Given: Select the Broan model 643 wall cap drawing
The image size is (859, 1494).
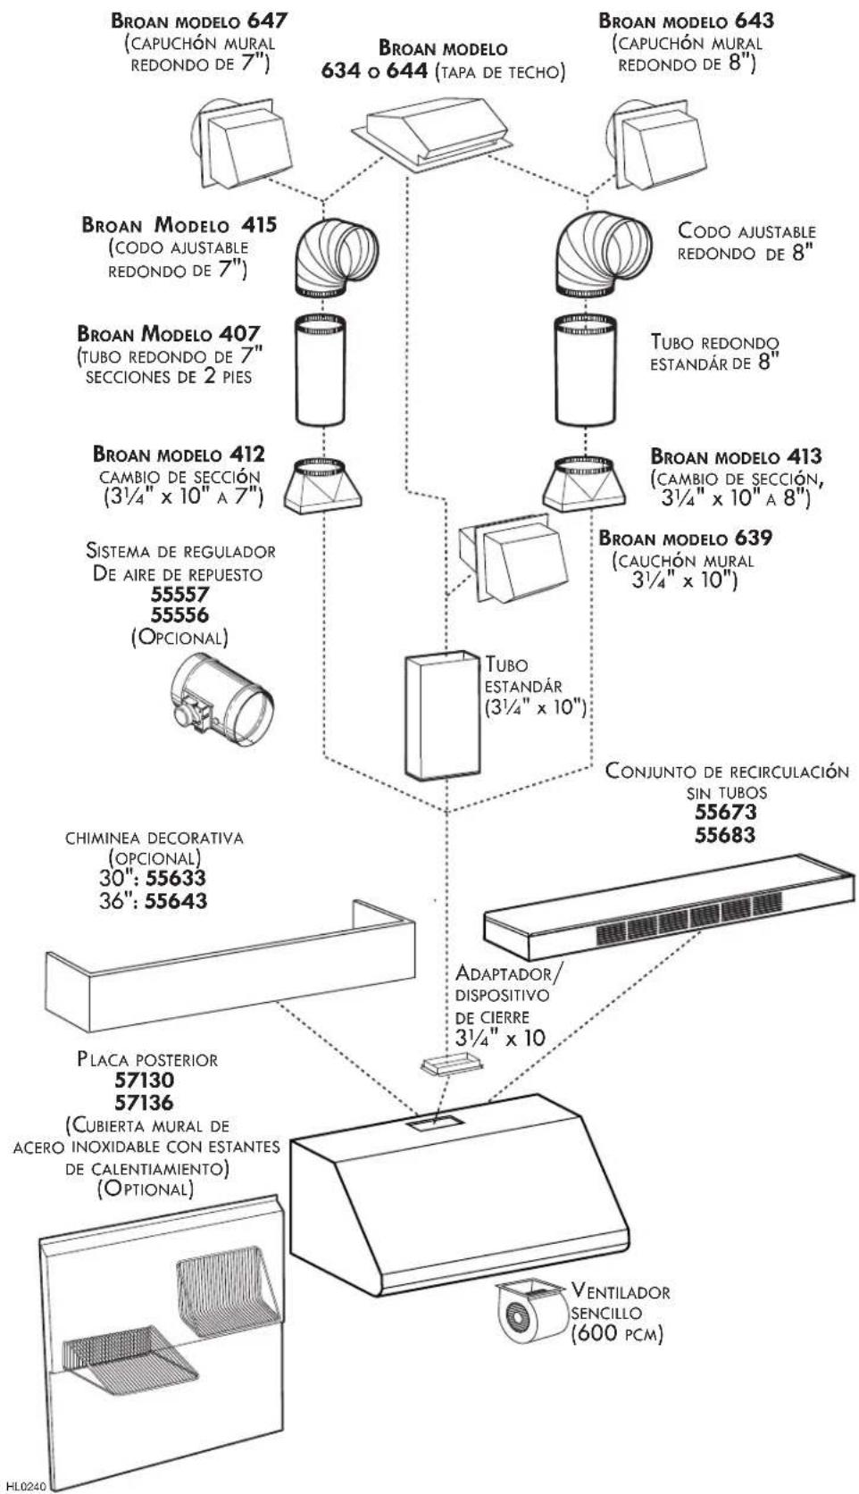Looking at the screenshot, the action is click(655, 145).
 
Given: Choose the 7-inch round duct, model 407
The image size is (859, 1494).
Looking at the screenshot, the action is click(321, 370).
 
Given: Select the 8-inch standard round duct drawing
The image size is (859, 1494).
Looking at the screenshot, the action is click(587, 370).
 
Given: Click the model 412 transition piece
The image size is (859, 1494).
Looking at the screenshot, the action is click(322, 486).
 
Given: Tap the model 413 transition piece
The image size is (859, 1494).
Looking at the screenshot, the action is click(585, 483).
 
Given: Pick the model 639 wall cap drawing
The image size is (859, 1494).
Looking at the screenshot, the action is click(513, 556).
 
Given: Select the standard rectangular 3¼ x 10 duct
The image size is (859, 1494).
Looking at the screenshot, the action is click(443, 714).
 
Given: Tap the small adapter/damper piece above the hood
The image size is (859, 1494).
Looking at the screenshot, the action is click(452, 1065).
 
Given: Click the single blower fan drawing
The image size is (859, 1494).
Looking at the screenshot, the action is click(531, 1308).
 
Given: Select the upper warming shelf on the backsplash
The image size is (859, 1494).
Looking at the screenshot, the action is click(228, 1281).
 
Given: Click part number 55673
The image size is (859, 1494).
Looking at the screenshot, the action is click(726, 813).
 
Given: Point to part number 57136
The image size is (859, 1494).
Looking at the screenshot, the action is click(144, 1102).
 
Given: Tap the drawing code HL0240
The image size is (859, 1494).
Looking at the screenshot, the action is click(25, 1486).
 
